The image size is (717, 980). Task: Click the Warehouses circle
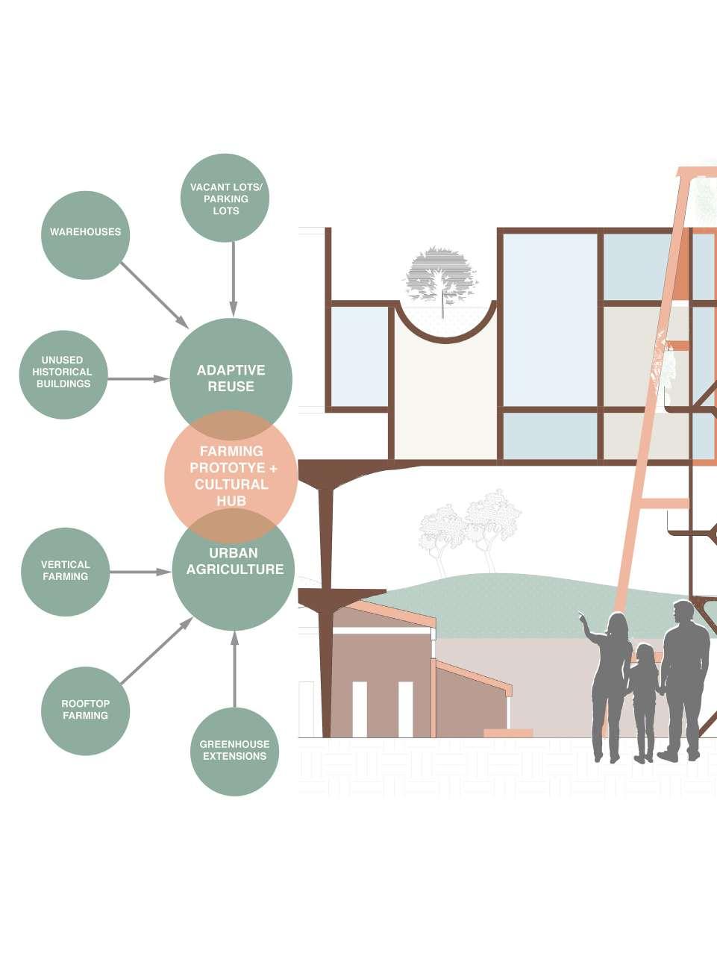click(x=85, y=234)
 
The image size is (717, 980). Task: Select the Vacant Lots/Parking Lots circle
click(x=225, y=198)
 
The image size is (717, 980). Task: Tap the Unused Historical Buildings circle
click(x=63, y=374)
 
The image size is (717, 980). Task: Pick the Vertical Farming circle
click(x=65, y=572)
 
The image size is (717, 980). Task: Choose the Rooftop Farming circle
click(x=85, y=711)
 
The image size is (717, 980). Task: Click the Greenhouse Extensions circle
click(x=234, y=752)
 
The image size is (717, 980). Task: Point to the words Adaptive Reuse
click(x=231, y=378)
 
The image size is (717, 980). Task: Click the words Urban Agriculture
click(x=234, y=561)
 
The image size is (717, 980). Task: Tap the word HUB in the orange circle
click(x=231, y=501)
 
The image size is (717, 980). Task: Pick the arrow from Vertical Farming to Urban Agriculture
click(x=140, y=572)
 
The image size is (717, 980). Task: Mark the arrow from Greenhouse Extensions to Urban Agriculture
click(x=234, y=669)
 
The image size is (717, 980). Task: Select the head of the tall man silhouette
click(x=684, y=613)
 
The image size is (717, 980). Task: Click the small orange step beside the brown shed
click(x=508, y=733)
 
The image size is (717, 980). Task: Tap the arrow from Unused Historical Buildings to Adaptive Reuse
click(x=138, y=379)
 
